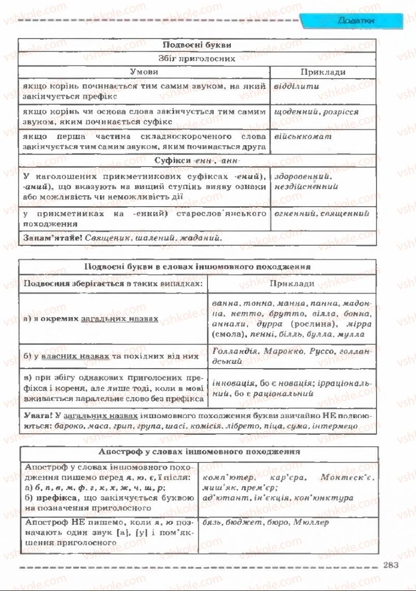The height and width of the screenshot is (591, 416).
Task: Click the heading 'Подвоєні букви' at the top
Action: coord(197,45)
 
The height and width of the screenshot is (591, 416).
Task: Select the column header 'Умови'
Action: coord(144,72)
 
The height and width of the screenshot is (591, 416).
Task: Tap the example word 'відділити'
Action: coord(296,86)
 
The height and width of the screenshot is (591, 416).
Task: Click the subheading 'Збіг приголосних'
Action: coord(197,59)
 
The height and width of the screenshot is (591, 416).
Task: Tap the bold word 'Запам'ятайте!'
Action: coord(51,237)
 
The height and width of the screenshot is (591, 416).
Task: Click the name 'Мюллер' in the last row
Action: coord(310,522)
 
